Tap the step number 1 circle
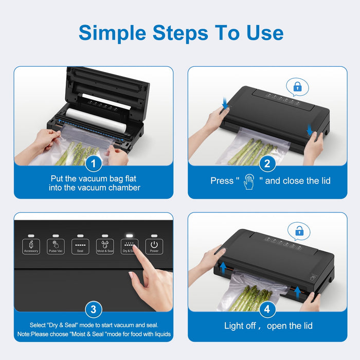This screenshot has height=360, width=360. point(94,164)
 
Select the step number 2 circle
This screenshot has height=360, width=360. point(267,164)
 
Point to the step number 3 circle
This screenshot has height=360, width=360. point(94,309)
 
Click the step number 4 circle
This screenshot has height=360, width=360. point(267,309)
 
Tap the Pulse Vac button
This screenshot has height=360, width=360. point(56,246)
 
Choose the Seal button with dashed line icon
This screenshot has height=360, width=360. point(80,246)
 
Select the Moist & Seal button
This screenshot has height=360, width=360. point(105,246)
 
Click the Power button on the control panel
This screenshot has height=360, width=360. point(154,246)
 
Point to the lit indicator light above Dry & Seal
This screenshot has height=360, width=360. point(130,236)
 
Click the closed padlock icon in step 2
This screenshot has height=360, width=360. point(298,87)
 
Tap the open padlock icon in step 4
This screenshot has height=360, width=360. point(299,231)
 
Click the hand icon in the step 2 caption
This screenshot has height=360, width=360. point(249,182)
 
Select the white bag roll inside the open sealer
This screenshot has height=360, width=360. point(96,120)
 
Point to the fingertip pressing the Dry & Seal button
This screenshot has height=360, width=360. point(135,247)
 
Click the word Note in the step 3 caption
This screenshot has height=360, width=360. point(24,334)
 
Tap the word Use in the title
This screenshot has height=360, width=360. point(265,33)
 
